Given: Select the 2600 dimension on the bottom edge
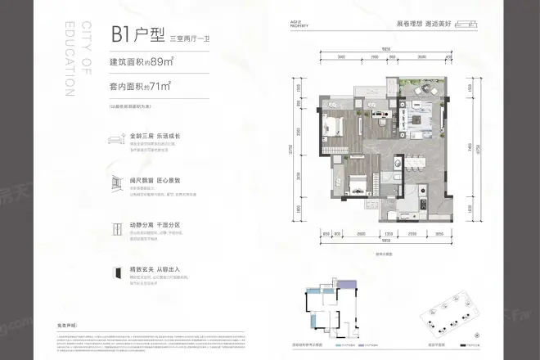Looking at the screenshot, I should coord(362,232).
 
